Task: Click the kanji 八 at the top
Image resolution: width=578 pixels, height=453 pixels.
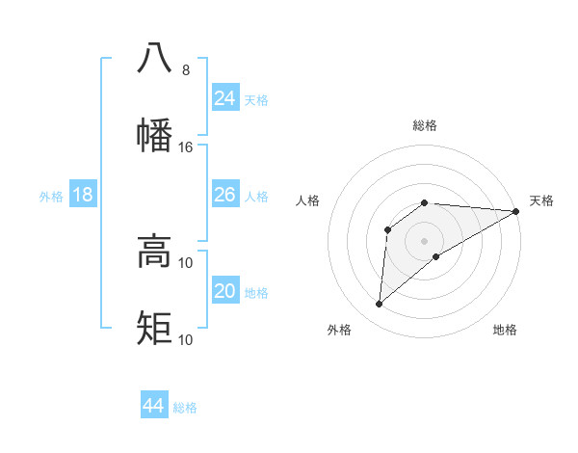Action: click(154, 59)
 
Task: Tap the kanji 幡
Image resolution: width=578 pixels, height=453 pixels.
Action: click(154, 136)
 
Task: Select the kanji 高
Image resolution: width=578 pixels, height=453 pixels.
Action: click(154, 252)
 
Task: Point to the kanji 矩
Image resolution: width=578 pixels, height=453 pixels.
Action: click(154, 329)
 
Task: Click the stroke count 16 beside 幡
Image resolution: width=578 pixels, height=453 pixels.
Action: click(186, 147)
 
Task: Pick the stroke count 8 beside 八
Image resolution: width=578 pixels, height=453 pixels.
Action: click(185, 70)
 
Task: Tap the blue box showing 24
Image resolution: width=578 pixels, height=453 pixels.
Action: click(225, 98)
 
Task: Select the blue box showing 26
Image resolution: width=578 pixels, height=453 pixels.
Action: click(225, 195)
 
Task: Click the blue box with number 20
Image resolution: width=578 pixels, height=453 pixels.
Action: click(225, 291)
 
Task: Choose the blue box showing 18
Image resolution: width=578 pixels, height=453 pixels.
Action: click(83, 195)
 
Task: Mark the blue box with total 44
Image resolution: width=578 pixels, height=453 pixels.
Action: click(154, 406)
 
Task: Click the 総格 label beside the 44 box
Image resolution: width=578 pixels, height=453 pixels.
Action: click(186, 408)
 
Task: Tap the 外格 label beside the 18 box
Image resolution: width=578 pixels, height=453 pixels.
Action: click(51, 197)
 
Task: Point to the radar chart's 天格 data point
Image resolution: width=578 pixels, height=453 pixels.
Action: click(516, 211)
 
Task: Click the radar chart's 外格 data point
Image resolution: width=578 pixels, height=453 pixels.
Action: click(379, 305)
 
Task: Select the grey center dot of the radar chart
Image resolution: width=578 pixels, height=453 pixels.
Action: click(424, 240)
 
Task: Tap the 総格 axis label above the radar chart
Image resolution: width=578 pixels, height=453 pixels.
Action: click(425, 125)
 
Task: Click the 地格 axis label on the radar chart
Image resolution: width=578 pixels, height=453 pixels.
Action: click(505, 330)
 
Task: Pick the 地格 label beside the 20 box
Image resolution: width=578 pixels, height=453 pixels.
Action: click(257, 293)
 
